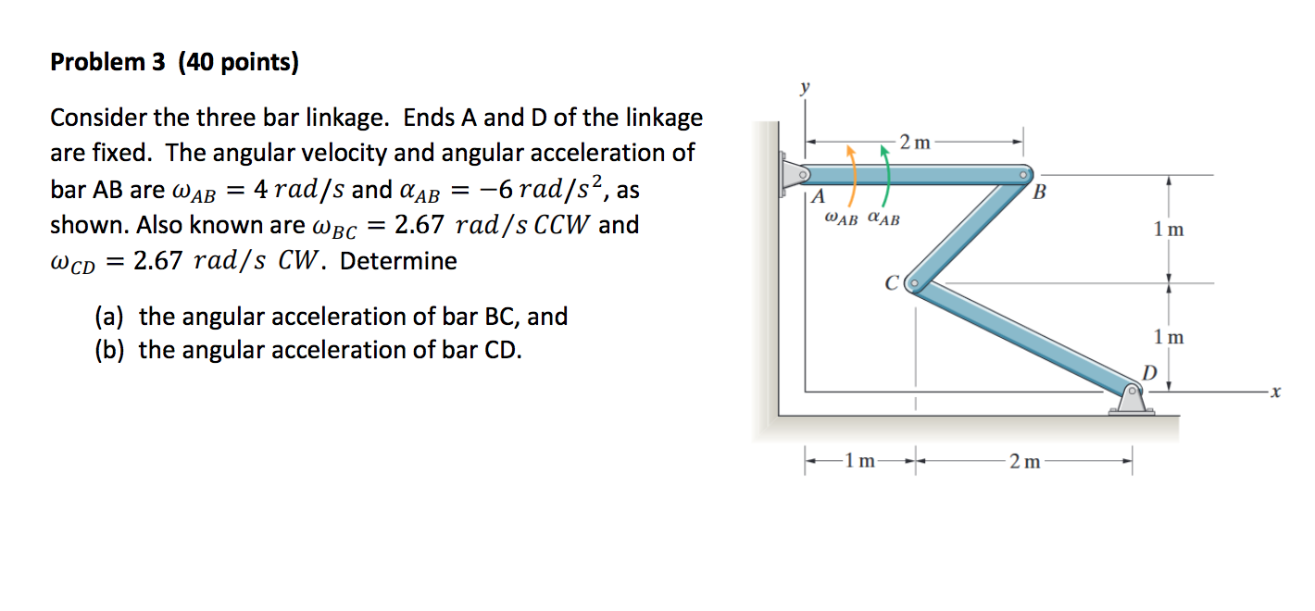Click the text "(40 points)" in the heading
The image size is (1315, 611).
pos(239,63)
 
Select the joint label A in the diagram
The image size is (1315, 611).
pos(817,197)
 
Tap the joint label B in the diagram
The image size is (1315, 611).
pos(1038,193)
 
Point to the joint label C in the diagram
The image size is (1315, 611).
pos(893,283)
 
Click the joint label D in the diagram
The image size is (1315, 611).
pos(1148,372)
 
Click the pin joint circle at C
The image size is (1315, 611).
pos(915,282)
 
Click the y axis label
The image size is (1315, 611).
pos(804,88)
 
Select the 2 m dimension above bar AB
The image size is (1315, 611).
pos(916,143)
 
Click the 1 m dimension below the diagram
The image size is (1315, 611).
pos(861,461)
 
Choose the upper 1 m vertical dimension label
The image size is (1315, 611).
pos(1169,229)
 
